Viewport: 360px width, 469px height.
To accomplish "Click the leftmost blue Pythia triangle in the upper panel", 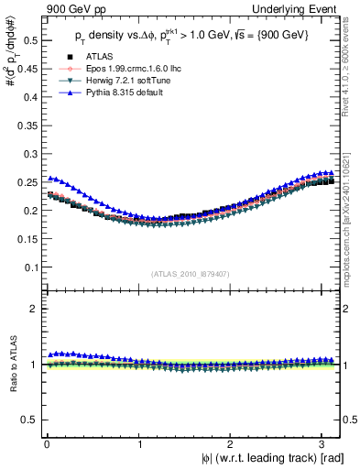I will coord(50,179).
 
